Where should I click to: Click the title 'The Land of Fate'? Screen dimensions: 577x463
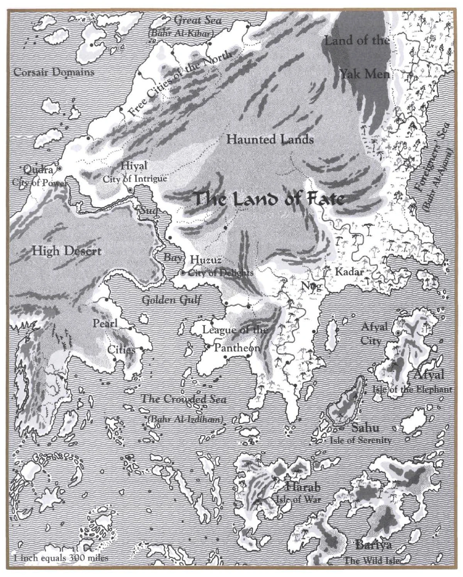pyautogui.click(x=269, y=199)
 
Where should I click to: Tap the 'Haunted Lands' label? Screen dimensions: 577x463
pyautogui.click(x=270, y=139)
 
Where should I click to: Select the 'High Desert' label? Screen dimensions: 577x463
pyautogui.click(x=66, y=251)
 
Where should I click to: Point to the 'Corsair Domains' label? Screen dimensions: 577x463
pyautogui.click(x=54, y=72)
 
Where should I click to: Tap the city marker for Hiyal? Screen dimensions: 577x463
pyautogui.click(x=130, y=190)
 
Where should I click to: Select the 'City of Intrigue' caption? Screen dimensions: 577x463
pyautogui.click(x=135, y=179)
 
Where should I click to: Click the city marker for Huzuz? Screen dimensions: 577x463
pyautogui.click(x=182, y=273)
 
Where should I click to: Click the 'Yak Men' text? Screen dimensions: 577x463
pyautogui.click(x=365, y=74)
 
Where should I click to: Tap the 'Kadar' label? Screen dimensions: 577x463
pyautogui.click(x=349, y=272)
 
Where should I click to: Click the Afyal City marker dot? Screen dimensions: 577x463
pyautogui.click(x=398, y=333)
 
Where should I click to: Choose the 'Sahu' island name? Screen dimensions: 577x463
pyautogui.click(x=365, y=427)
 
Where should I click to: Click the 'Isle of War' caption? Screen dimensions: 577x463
pyautogui.click(x=299, y=499)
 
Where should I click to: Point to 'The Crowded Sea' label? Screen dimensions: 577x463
pyautogui.click(x=183, y=399)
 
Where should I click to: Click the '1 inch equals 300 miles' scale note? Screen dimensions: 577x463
pyautogui.click(x=61, y=558)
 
